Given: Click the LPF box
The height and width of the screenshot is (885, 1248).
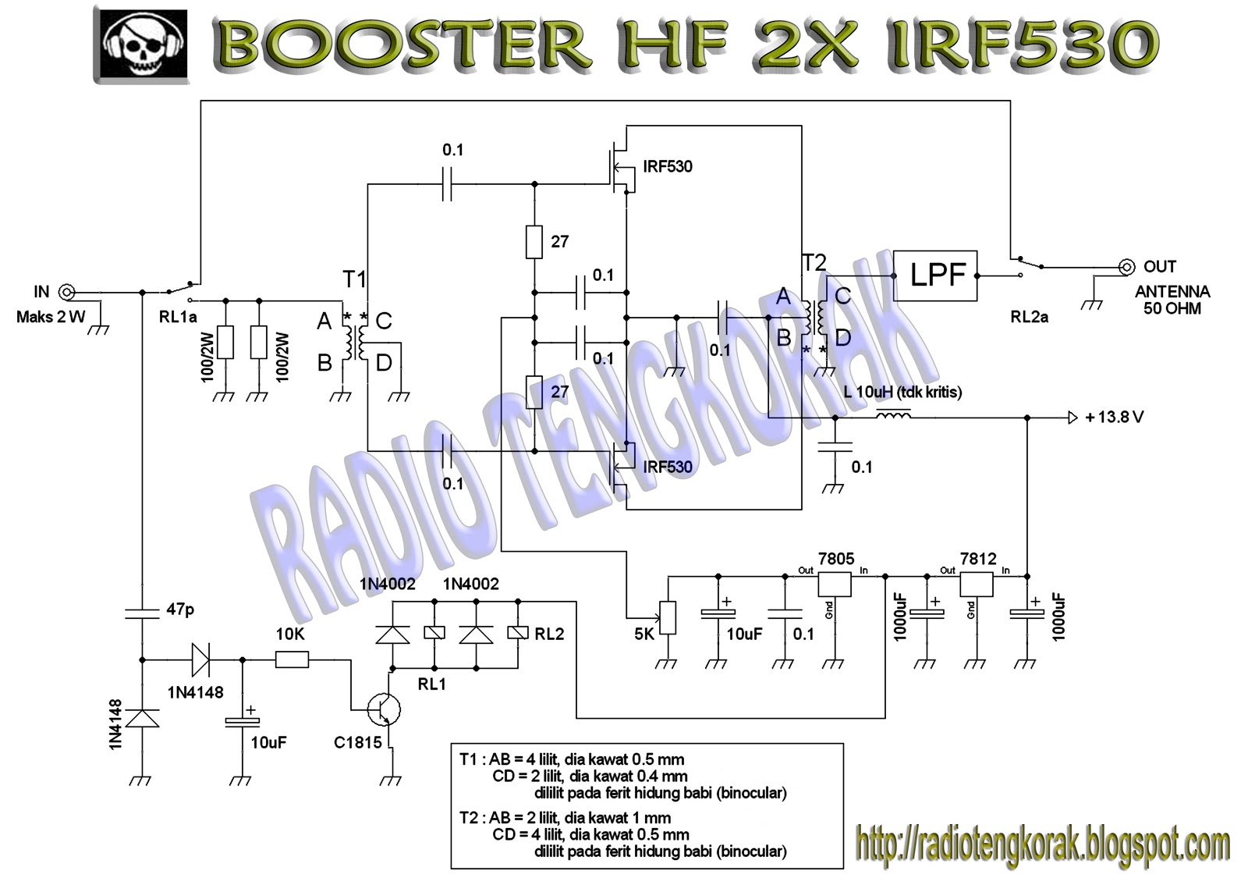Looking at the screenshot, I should (x=934, y=275).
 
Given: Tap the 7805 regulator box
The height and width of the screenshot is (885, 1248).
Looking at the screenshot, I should (x=835, y=583).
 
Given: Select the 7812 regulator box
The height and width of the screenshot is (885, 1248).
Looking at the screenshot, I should (x=976, y=583).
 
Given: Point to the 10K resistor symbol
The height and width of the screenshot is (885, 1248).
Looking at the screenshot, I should (x=292, y=660).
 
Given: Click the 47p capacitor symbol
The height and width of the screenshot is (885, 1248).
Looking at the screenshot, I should (x=142, y=613).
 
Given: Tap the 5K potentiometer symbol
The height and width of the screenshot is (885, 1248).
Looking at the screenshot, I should (x=668, y=617).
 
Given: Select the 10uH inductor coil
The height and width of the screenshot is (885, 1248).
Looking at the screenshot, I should (x=893, y=417).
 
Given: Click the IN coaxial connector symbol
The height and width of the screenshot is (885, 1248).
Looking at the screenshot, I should (x=67, y=293).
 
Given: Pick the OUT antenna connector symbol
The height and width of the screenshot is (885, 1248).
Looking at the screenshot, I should (x=1126, y=267).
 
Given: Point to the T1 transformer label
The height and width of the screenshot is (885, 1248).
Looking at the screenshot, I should (x=354, y=279).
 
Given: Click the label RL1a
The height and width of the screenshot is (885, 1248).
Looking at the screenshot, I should (x=178, y=317).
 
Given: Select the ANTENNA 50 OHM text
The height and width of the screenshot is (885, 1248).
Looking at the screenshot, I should (x=1172, y=300).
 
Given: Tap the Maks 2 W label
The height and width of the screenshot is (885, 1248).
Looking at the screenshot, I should (x=51, y=317).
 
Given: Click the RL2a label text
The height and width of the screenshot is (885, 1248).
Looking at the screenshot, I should (x=1029, y=317).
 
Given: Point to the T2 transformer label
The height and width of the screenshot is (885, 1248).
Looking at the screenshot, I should (x=814, y=263).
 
